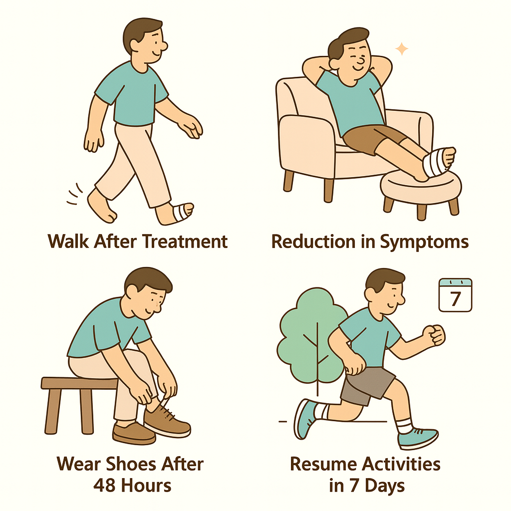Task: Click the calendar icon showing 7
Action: [x=455, y=295]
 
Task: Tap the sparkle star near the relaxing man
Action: [x=402, y=49]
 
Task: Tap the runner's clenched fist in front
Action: [x=434, y=335]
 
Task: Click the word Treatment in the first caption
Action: [x=185, y=242]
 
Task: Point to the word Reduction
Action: [x=313, y=242]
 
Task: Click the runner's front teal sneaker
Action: [x=418, y=437]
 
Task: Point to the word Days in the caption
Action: [x=385, y=486]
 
